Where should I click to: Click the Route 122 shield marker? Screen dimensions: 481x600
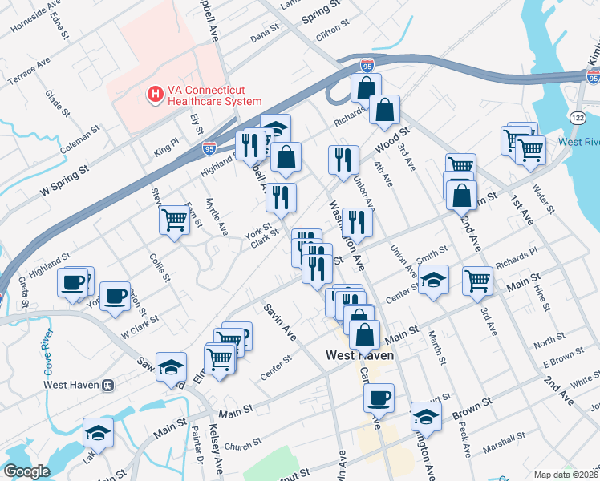pyautogui.click(x=578, y=117)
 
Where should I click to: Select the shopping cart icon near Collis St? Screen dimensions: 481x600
pyautogui.click(x=174, y=218)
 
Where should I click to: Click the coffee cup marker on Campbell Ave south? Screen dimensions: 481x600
pyautogui.click(x=379, y=396)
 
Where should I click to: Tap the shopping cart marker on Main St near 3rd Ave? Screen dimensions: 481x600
pyautogui.click(x=477, y=280)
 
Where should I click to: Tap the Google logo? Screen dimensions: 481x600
pyautogui.click(x=26, y=471)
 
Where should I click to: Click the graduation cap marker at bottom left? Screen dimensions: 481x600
pyautogui.click(x=98, y=431)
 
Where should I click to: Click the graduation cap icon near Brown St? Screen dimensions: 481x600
pyautogui.click(x=426, y=415)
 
